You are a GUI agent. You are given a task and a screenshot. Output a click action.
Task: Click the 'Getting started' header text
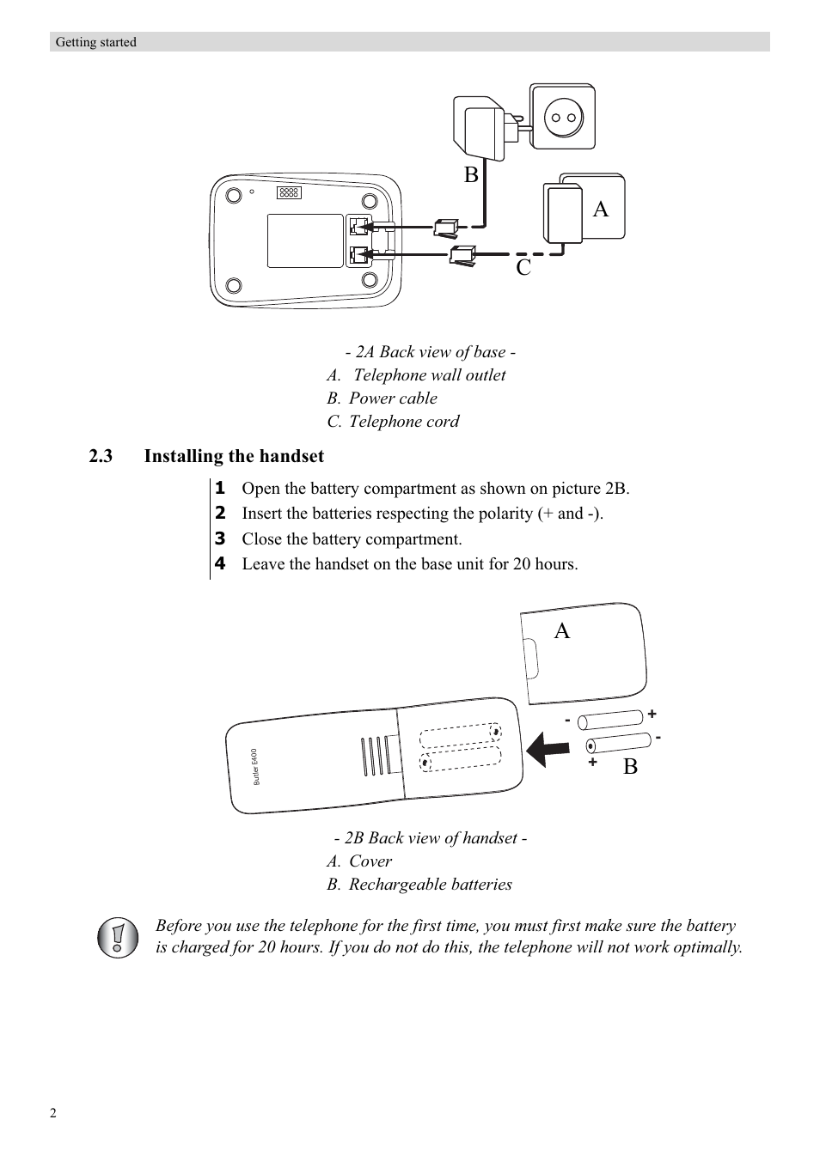[x=95, y=42]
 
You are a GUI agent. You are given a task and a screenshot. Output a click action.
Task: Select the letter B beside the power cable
[x=471, y=175]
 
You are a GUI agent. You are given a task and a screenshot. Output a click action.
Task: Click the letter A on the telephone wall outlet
[x=600, y=209]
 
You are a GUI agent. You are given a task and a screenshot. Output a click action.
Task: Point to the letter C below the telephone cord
[x=523, y=268]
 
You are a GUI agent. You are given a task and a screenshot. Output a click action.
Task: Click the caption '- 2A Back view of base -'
[x=430, y=352]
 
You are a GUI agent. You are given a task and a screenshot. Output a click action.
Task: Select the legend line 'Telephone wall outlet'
[x=429, y=375]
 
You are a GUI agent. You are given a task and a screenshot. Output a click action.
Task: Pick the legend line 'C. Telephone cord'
[x=393, y=422]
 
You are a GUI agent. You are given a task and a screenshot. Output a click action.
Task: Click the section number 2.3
[x=101, y=456]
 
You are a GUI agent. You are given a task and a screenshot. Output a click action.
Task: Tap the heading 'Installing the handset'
[x=234, y=456]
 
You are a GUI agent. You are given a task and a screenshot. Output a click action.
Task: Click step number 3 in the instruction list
[x=220, y=538]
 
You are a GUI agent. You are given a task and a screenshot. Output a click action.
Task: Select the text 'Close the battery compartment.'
[x=352, y=539]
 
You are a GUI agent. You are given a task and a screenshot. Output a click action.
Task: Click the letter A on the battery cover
[x=561, y=631]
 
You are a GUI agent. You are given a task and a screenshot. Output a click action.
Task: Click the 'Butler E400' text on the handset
[x=255, y=766]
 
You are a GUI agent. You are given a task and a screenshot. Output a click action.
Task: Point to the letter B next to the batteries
[x=630, y=767]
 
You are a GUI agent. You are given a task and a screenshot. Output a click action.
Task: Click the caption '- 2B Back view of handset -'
[x=430, y=838]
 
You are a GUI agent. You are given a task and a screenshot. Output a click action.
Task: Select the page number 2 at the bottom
[x=53, y=1114]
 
